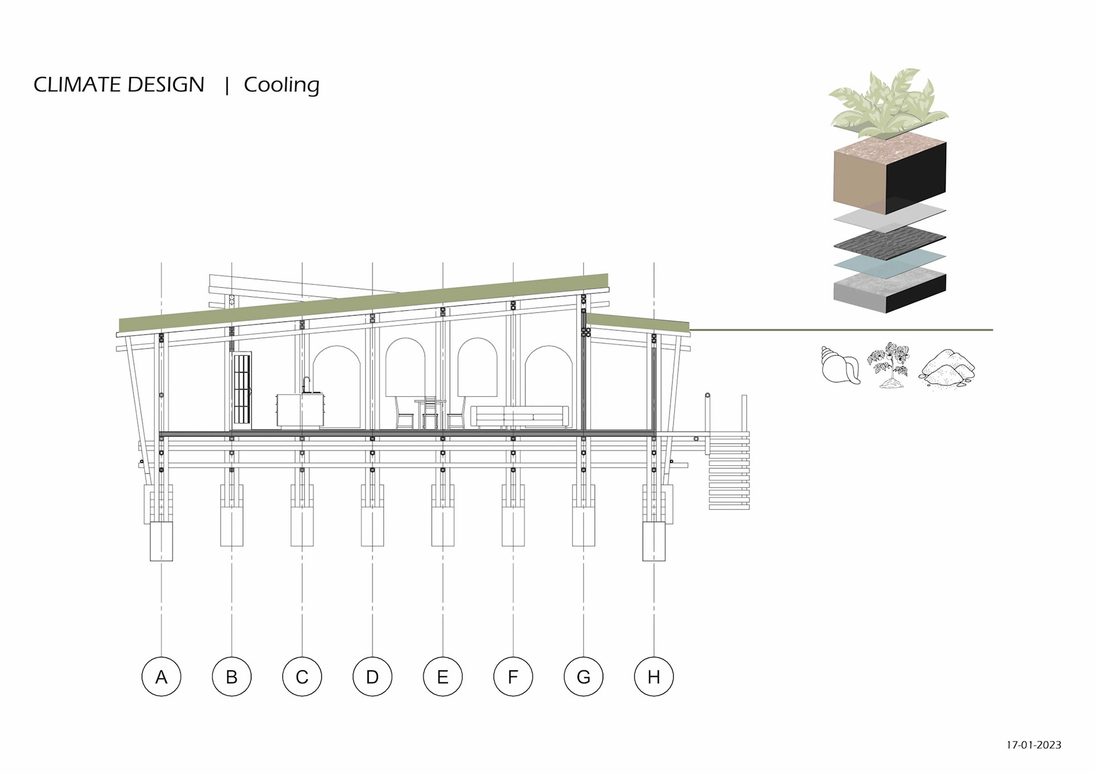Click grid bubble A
(x=161, y=676)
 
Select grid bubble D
(x=372, y=676)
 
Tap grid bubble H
(x=654, y=676)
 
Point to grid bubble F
(x=513, y=676)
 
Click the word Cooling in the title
(x=281, y=84)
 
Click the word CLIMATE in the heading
(x=78, y=84)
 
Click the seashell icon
(x=840, y=365)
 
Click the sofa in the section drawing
(x=520, y=416)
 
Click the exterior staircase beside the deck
(x=729, y=471)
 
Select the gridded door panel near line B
(x=242, y=389)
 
